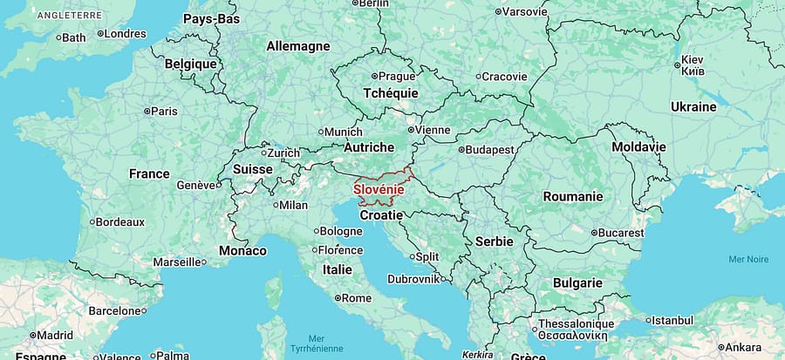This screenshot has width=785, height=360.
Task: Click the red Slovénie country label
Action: click(x=379, y=189)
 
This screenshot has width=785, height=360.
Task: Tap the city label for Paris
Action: click(x=164, y=111)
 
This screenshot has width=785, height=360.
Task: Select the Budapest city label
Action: click(x=489, y=150)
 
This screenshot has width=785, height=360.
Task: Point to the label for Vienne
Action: click(x=433, y=130)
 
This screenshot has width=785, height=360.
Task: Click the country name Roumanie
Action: click(x=572, y=196)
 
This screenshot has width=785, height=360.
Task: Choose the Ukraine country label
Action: click(x=693, y=106)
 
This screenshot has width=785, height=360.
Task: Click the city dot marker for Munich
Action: click(x=319, y=132)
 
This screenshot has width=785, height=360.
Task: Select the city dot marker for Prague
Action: click(x=374, y=77)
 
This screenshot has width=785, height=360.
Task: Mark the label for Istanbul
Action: click(x=672, y=321)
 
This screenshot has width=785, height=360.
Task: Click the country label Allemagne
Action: click(x=298, y=45)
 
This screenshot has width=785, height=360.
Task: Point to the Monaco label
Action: click(x=243, y=250)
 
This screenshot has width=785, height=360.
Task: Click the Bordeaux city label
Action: click(x=119, y=222)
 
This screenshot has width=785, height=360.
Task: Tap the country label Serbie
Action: click(x=495, y=241)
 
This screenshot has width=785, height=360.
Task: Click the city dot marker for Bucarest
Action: click(x=594, y=234)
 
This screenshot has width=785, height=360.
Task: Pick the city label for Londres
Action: click(x=125, y=34)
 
